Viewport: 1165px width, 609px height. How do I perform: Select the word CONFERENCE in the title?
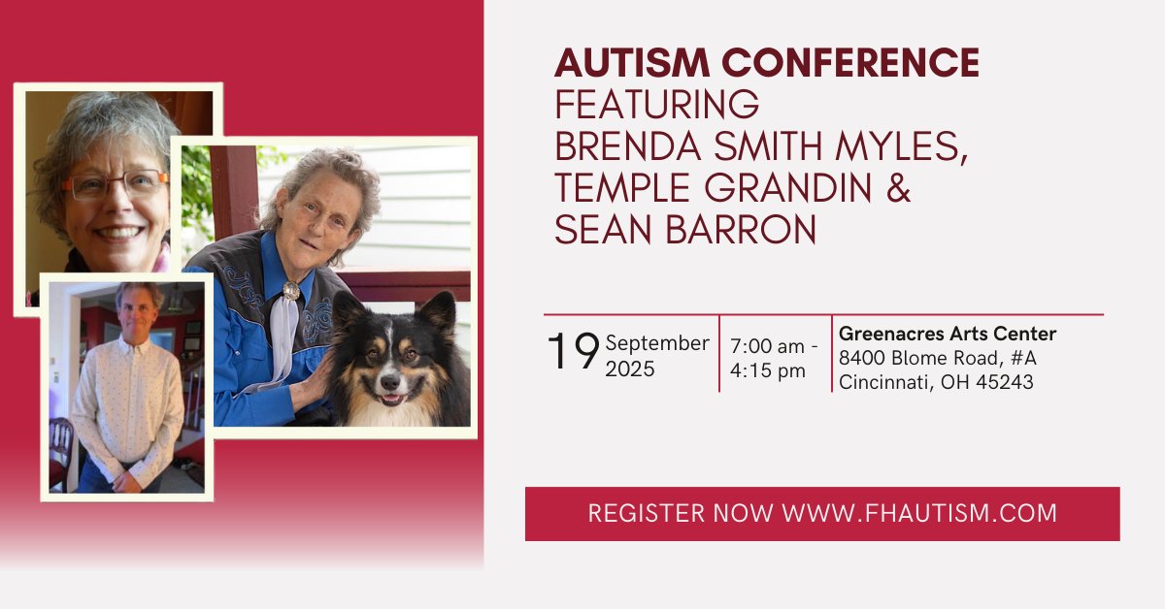click(843, 64)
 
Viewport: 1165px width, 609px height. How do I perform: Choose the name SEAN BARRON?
click(685, 230)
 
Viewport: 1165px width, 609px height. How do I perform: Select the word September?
click(657, 343)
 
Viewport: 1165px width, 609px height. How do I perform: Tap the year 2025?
click(630, 369)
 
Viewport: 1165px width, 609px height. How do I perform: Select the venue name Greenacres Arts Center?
click(948, 335)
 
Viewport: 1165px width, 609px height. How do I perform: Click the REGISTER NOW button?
click(822, 513)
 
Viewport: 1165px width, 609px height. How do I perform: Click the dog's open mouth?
click(390, 398)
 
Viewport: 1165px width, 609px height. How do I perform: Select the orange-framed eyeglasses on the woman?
click(115, 184)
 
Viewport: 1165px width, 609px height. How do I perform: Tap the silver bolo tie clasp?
click(290, 290)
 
